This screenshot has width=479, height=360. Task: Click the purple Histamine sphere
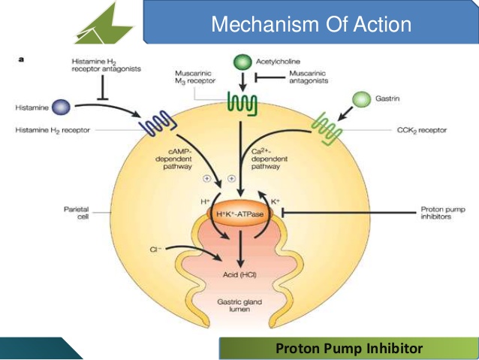point(61,108)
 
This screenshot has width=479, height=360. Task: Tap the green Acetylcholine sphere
point(243,63)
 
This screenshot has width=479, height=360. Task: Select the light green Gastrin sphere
point(362,99)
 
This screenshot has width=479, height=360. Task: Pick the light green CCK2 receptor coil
point(329,125)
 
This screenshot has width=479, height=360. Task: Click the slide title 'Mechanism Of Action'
point(311,24)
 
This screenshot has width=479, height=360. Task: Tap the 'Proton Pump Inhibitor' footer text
point(348,348)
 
